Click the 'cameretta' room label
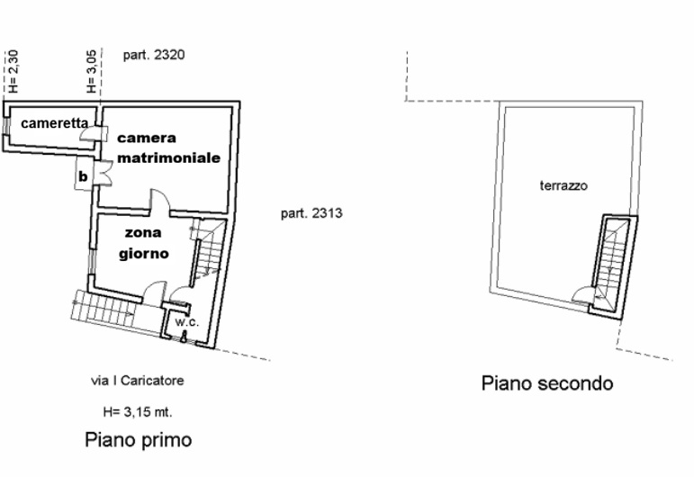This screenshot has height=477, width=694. [54, 123]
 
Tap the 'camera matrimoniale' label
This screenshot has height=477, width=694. [168, 148]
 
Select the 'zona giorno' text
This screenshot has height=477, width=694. [144, 244]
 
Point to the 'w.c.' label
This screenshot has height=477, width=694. [187, 322]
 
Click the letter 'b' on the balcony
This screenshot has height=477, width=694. [83, 176]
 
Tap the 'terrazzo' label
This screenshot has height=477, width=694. [563, 185]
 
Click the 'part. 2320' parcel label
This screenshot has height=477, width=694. [154, 55]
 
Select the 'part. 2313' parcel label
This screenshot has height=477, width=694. [311, 213]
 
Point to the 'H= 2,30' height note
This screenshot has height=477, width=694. [14, 71]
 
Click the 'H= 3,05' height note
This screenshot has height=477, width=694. [91, 71]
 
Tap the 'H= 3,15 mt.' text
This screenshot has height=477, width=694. [138, 412]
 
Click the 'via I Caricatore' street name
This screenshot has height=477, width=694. [137, 381]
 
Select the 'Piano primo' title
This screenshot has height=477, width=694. [138, 440]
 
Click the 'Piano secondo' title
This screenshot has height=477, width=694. [547, 383]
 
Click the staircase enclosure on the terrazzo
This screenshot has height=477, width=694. [613, 267]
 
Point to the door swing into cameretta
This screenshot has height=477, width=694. [87, 133]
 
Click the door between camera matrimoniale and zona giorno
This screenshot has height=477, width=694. [160, 202]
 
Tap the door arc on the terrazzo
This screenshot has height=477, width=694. [581, 293]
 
